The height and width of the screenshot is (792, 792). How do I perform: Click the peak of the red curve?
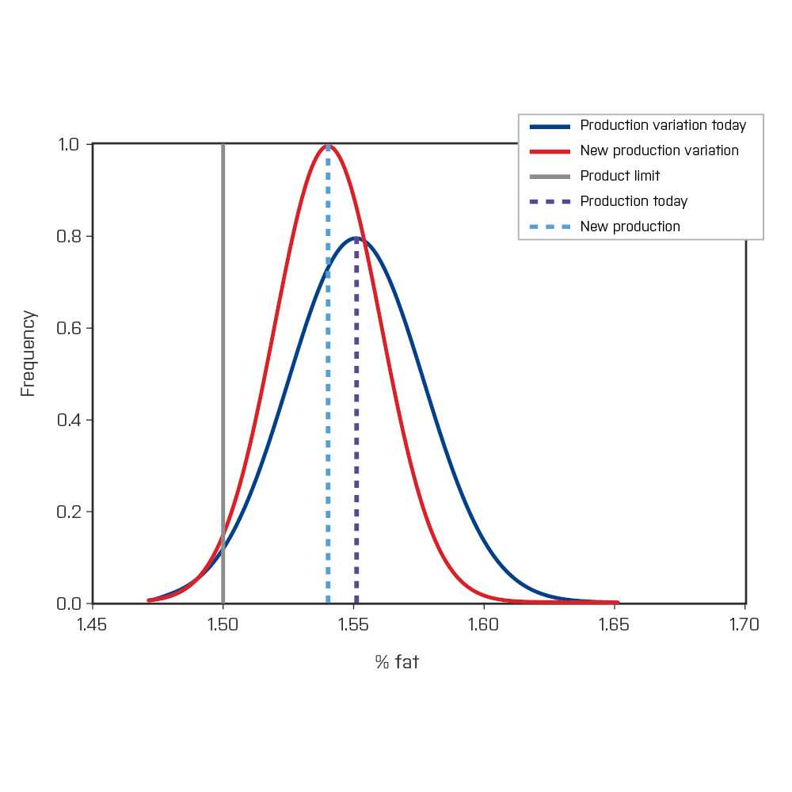tap(328, 145)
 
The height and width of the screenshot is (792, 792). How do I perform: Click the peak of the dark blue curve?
tap(357, 237)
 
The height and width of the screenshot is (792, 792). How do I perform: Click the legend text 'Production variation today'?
tap(663, 125)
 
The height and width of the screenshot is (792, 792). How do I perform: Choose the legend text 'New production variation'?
tap(659, 150)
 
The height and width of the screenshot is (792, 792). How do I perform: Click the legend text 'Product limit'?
tap(619, 176)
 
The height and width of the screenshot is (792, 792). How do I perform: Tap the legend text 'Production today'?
tap(634, 201)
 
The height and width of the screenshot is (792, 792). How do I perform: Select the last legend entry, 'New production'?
tap(630, 227)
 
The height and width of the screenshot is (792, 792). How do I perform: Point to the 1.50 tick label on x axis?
tap(223, 625)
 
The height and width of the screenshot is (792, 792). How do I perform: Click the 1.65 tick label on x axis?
tap(614, 625)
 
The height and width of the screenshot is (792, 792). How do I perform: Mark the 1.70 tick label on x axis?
tap(744, 625)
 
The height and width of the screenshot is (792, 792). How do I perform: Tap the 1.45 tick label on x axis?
tap(93, 625)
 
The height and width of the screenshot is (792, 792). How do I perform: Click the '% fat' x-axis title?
tap(397, 662)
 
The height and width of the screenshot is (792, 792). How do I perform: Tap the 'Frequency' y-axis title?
tap(29, 353)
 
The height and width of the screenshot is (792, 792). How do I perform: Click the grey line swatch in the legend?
tap(550, 176)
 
